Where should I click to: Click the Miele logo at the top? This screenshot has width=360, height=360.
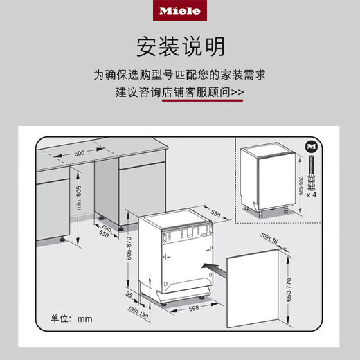[x=179, y=12]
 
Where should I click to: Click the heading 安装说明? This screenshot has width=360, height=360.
[x=179, y=47]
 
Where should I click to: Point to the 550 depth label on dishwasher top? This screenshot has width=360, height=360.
[x=215, y=214]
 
